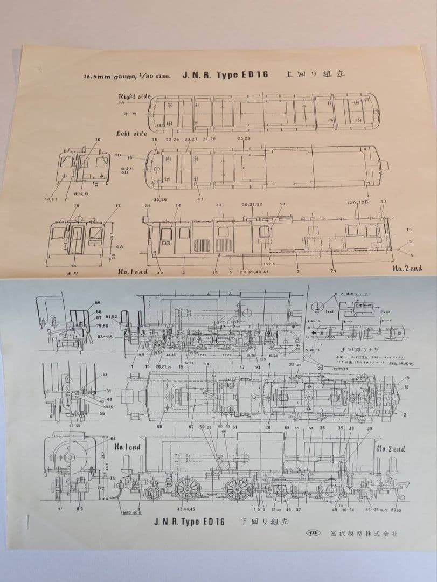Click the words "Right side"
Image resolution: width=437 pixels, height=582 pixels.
pyautogui.click(x=135, y=96)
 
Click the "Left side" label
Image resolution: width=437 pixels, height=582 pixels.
pyautogui.click(x=131, y=133)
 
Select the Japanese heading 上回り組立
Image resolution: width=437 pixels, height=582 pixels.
pyautogui.click(x=314, y=74)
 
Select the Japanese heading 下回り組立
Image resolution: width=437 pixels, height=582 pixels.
pyautogui.click(x=264, y=522)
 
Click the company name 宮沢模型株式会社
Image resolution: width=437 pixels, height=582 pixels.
pyautogui.click(x=364, y=534)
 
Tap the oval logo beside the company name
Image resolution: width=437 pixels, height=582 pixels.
pyautogui.click(x=313, y=534)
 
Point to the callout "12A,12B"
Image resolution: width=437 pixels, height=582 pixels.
pyautogui.click(x=358, y=202)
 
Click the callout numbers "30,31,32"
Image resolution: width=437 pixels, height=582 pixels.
pyautogui.click(x=252, y=205)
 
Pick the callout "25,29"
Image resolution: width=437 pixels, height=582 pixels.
pyautogui.click(x=244, y=139)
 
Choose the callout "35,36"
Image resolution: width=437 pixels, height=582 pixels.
pyautogui.click(x=160, y=199)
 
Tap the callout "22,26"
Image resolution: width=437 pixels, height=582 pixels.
pyautogui.click(x=172, y=139)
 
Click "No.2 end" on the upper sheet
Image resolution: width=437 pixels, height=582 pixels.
pyautogui.click(x=407, y=268)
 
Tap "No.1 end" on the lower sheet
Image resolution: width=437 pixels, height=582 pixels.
pyautogui.click(x=128, y=447)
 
